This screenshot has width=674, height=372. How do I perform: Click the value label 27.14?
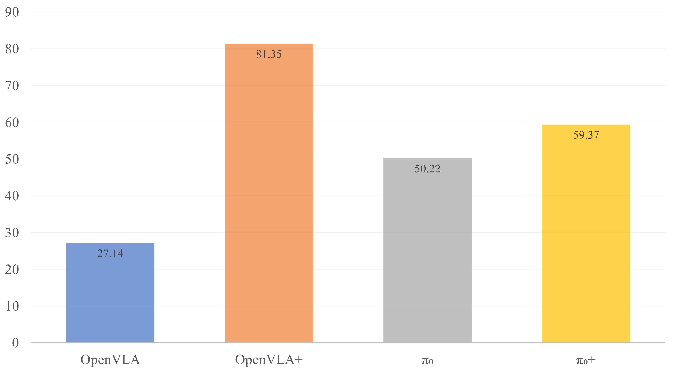pyautogui.click(x=110, y=253)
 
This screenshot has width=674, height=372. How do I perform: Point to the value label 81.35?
pyautogui.click(x=269, y=54)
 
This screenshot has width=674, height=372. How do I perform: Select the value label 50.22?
pyautogui.click(x=427, y=169)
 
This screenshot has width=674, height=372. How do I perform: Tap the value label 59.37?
pyautogui.click(x=586, y=135)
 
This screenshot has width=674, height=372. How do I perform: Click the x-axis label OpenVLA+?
pyautogui.click(x=269, y=360)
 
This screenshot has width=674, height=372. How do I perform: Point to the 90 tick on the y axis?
pyautogui.click(x=12, y=12)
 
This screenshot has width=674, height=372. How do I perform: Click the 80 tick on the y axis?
pyautogui.click(x=12, y=49)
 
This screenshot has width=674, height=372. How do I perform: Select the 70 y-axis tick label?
pyautogui.click(x=12, y=86)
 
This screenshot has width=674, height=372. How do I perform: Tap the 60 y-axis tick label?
pyautogui.click(x=12, y=123)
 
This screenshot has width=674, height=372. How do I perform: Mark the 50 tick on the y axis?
pyautogui.click(x=12, y=159)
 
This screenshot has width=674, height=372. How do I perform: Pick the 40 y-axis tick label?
pyautogui.click(x=12, y=196)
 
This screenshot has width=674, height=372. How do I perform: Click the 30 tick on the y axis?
pyautogui.click(x=12, y=233)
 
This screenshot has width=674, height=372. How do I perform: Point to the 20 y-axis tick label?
pyautogui.click(x=12, y=270)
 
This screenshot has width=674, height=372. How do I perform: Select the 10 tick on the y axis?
pyautogui.click(x=12, y=306)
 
